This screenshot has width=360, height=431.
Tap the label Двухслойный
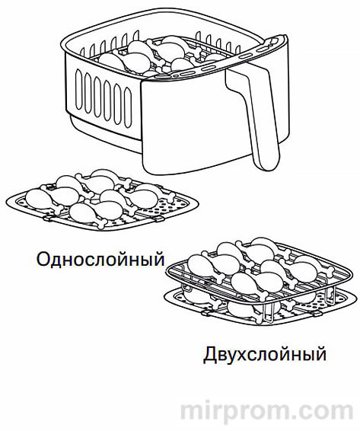[x=264, y=354]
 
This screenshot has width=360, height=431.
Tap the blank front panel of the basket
[x=190, y=129]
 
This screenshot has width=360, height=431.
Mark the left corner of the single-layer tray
[x=9, y=202]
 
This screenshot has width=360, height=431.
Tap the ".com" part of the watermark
[x=323, y=410]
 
